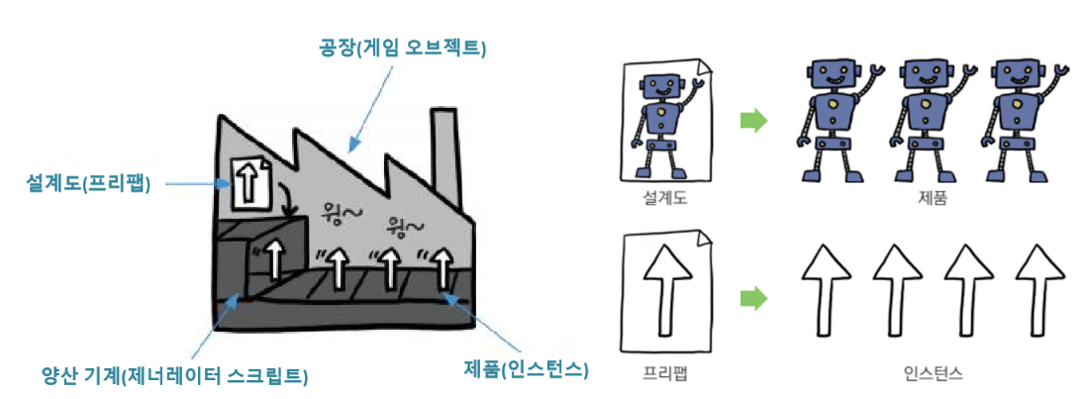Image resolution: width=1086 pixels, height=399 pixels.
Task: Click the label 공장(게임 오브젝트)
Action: (406, 47)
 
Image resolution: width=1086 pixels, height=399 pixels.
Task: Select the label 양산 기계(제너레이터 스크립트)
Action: (172, 375)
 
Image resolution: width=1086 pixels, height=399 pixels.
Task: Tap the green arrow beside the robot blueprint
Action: (753, 121)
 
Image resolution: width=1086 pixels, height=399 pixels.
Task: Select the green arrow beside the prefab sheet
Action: (753, 296)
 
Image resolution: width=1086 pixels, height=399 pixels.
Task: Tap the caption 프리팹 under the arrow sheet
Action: (662, 374)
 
